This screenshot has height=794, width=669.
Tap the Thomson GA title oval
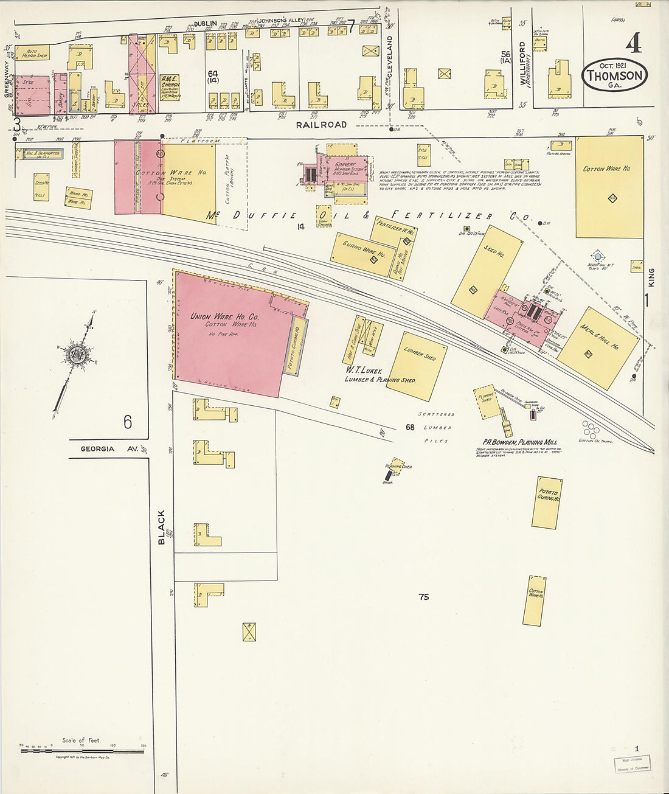click(x=614, y=75)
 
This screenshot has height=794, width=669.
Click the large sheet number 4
click(x=633, y=43)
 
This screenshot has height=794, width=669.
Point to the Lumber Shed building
click(x=417, y=366)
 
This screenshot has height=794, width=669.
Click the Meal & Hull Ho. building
click(x=598, y=347)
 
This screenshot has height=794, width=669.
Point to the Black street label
click(x=162, y=527)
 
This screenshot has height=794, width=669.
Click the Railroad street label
click(x=321, y=125)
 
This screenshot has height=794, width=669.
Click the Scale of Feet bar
click(x=82, y=751)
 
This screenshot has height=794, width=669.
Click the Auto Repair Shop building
click(x=33, y=53)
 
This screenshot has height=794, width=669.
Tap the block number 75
click(x=424, y=597)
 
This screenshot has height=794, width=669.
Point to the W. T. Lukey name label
click(x=364, y=370)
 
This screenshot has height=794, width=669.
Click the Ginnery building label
click(x=345, y=165)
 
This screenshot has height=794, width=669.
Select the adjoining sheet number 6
click(x=128, y=421)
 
